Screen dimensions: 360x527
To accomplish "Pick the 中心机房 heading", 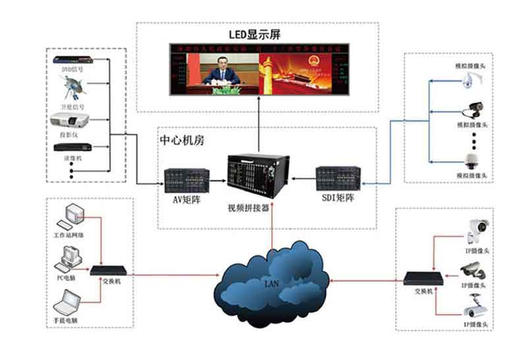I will pos(182,141).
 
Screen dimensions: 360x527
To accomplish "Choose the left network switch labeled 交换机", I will pos(107,270).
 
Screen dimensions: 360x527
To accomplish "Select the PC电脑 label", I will pos(67,277).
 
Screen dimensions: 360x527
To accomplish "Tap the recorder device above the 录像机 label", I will pos(70,147).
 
